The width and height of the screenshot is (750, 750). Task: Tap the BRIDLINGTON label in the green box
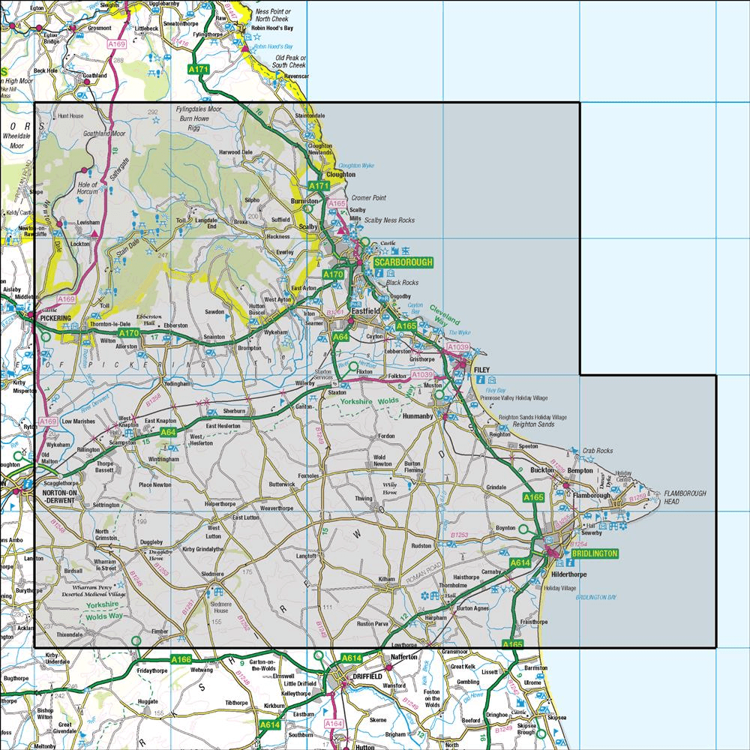click(x=594, y=553)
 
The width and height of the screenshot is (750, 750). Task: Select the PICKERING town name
click(x=55, y=319)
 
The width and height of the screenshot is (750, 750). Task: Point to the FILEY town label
click(x=481, y=370)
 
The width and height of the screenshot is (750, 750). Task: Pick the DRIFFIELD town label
click(x=361, y=676)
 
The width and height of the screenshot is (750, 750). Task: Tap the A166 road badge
click(x=181, y=659)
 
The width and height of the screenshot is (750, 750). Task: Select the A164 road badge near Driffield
click(x=334, y=723)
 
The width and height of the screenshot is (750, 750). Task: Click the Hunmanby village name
click(x=418, y=414)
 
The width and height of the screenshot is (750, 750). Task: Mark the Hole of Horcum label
click(x=88, y=188)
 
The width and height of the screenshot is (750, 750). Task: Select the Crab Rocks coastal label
click(x=597, y=451)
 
